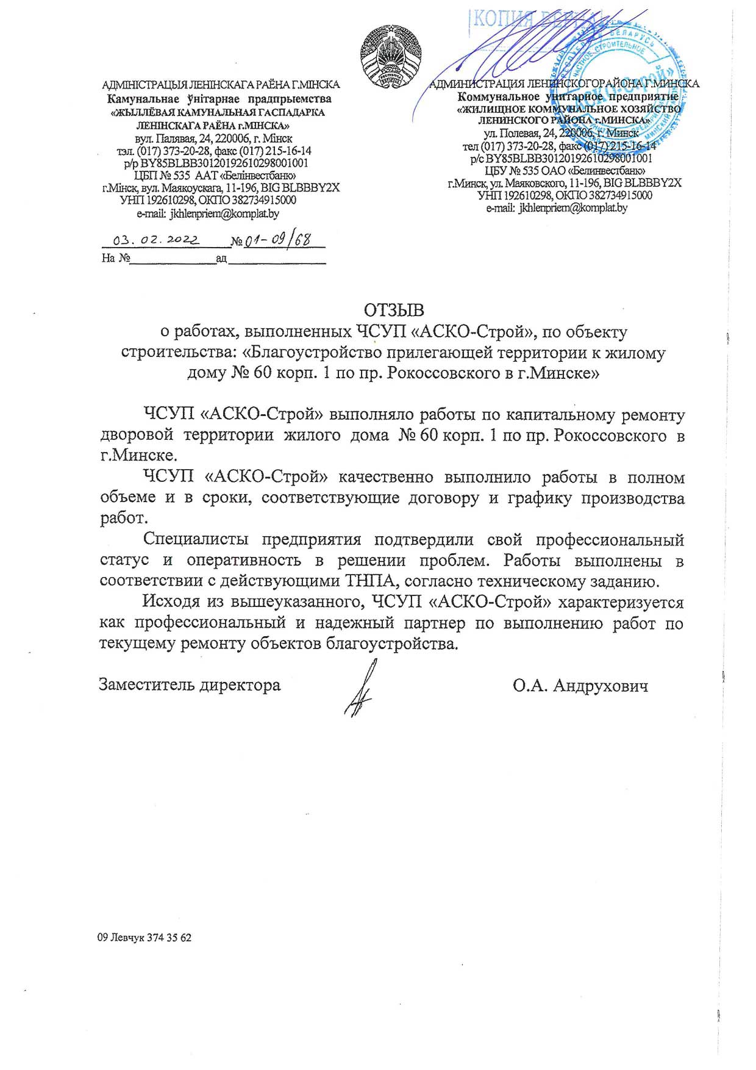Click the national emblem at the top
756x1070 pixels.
click(390, 56)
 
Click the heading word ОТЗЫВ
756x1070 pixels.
click(394, 311)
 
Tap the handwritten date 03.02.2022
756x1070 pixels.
click(156, 240)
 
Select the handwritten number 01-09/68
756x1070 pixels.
click(277, 240)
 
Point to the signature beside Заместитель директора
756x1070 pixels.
click(361, 689)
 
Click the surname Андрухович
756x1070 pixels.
click(601, 686)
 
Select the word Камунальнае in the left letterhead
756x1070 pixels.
click(143, 99)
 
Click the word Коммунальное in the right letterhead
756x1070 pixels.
click(498, 96)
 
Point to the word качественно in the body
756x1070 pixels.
click(386, 477)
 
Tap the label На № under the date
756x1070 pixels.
click(116, 258)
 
